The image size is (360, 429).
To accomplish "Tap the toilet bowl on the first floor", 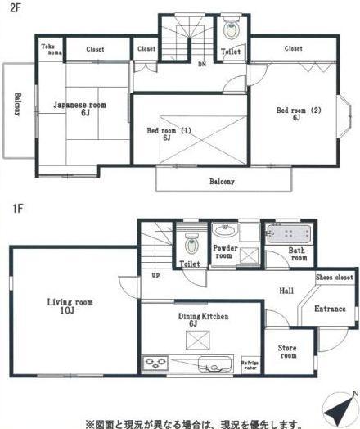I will (191, 243).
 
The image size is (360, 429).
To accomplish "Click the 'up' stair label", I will (155, 273).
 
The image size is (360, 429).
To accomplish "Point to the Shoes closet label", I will (335, 278).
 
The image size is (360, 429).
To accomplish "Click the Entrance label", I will (331, 309).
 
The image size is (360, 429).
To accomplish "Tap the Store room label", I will (287, 351).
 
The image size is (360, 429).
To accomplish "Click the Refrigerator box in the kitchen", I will (249, 364).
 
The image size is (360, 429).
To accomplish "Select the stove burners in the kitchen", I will (155, 362).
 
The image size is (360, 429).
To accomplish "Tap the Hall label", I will (286, 291).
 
